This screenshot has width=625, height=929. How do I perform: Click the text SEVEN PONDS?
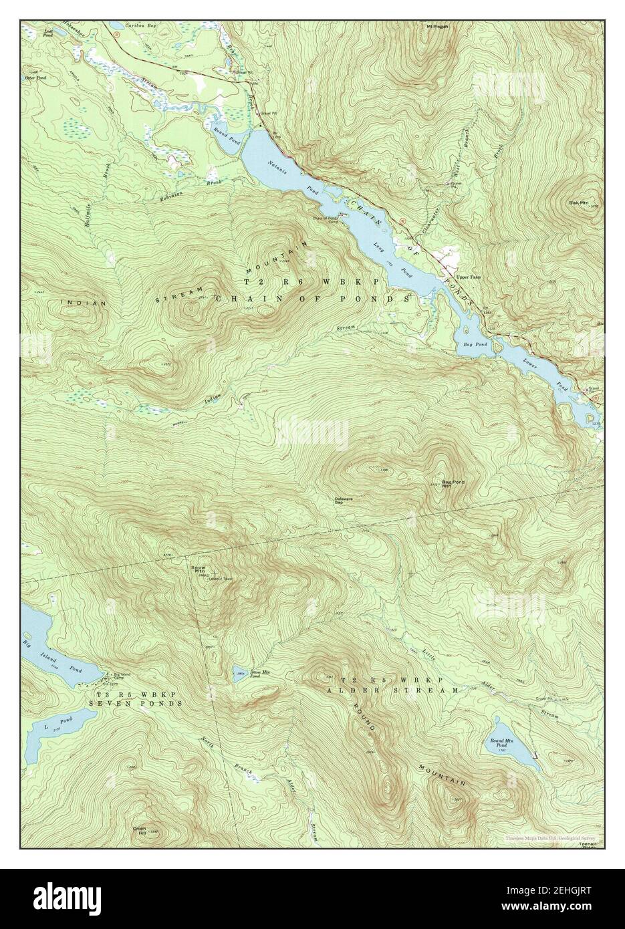[x=139, y=704]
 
